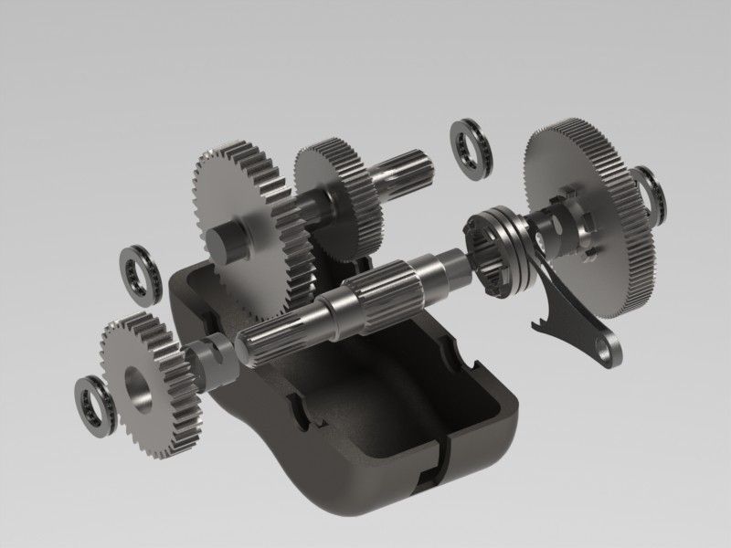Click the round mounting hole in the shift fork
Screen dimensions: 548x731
(609, 345)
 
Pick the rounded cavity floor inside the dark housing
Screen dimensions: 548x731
(365, 402)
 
